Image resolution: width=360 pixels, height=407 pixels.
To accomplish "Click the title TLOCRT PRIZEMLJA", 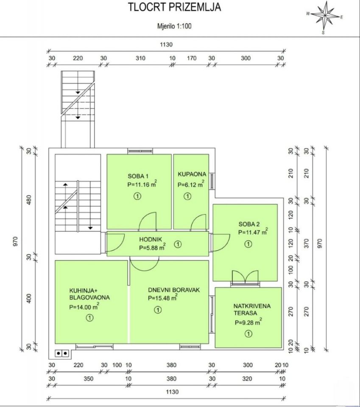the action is coord(174,7).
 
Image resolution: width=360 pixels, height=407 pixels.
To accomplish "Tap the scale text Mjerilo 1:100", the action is coord(174,26).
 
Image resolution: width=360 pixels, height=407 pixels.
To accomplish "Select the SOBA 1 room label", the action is coord(138,176).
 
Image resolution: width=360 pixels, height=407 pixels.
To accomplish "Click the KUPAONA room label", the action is coord(192,174).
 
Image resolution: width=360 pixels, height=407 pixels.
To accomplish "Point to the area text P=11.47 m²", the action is coord(253,232).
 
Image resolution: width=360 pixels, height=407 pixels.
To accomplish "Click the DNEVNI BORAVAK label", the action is coord(174,290).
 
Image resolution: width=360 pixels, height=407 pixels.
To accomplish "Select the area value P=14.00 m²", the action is coord(84,307).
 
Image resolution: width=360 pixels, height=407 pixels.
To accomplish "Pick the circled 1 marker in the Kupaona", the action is coord(187,196).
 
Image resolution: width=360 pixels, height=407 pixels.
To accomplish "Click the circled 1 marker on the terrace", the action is coord(248,334).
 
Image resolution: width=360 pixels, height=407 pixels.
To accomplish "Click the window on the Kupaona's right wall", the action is coord(212,181).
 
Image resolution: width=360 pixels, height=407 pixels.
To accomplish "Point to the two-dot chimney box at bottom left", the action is coord(62,353).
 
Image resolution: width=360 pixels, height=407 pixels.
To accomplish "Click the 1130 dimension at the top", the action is coord(166,45).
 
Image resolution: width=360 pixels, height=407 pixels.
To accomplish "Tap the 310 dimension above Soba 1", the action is coord(140,58).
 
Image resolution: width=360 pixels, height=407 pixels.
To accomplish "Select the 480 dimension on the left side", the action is coord(29,200).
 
